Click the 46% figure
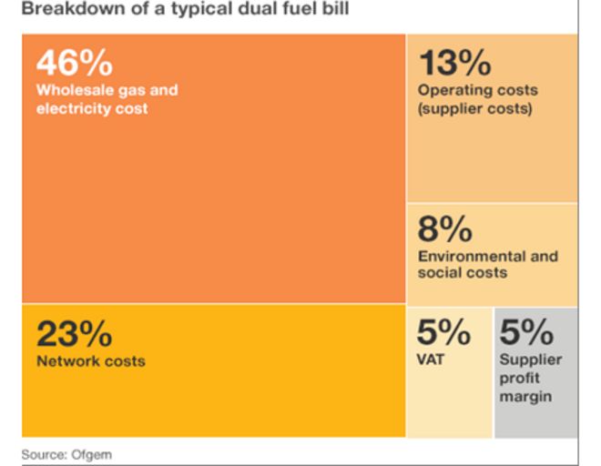point(75,64)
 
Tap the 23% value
point(75,334)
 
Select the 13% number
point(454,64)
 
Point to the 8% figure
point(445,229)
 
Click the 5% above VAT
point(443,333)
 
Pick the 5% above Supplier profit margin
point(526,333)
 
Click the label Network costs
point(90,361)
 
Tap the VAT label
point(431,360)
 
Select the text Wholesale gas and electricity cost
point(107,99)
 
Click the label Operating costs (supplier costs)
point(477,99)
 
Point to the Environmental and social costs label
point(487,264)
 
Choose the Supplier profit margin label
point(530,378)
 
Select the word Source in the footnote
point(43,454)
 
